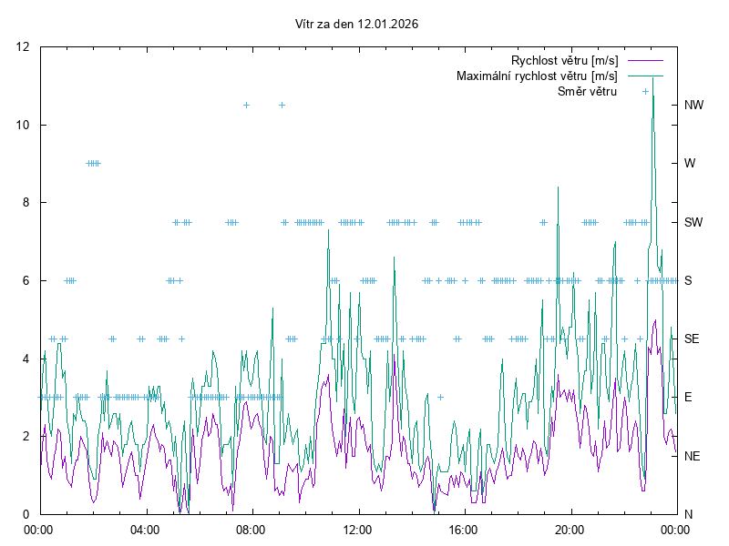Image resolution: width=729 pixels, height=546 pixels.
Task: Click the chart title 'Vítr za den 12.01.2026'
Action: pyautogui.click(x=357, y=24)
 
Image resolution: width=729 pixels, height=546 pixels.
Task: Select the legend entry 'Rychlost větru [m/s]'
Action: pyautogui.click(x=564, y=60)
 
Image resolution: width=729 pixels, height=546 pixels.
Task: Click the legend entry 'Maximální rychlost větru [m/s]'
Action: pyautogui.click(x=537, y=76)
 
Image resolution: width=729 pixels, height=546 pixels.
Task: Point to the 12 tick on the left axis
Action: pyautogui.click(x=24, y=47)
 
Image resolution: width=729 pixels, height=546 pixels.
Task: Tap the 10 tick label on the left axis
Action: pyautogui.click(x=24, y=125)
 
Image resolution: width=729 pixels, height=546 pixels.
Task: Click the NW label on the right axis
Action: pyautogui.click(x=693, y=106)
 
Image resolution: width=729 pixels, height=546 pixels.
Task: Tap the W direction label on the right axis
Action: pyautogui.click(x=690, y=164)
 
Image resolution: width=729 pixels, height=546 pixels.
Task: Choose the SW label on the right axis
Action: pyautogui.click(x=693, y=222)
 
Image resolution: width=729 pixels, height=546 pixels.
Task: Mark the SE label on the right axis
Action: pyautogui.click(x=692, y=339)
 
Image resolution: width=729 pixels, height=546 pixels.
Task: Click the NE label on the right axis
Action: pyautogui.click(x=693, y=456)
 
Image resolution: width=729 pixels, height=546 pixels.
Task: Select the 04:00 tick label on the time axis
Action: pyautogui.click(x=144, y=529)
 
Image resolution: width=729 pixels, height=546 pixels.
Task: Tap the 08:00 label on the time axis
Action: pyautogui.click(x=251, y=529)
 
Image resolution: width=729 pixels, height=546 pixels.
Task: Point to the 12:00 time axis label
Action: pyautogui.click(x=357, y=529)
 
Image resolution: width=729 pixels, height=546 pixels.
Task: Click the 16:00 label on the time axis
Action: pyautogui.click(x=463, y=529)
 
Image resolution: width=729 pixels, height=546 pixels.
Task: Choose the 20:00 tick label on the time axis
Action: pyautogui.click(x=570, y=529)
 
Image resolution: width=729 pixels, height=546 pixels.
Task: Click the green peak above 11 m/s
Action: pyautogui.click(x=652, y=79)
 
